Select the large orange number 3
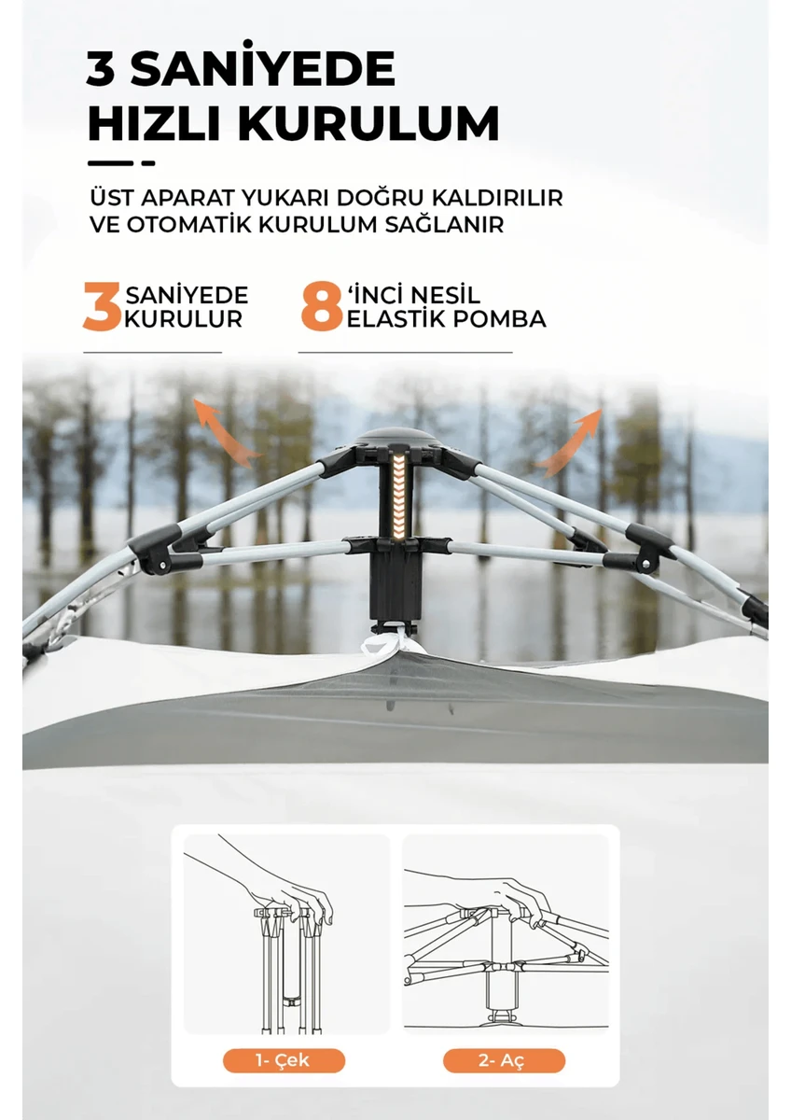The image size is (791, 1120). pyautogui.click(x=102, y=308)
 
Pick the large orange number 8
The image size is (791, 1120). pyautogui.click(x=320, y=308)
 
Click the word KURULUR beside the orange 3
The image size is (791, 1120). pyautogui.click(x=184, y=319)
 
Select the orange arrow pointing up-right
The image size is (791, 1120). pyautogui.click(x=570, y=439)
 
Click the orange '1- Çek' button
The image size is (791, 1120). pyautogui.click(x=284, y=1060)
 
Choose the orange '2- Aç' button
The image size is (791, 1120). pyautogui.click(x=504, y=1060)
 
